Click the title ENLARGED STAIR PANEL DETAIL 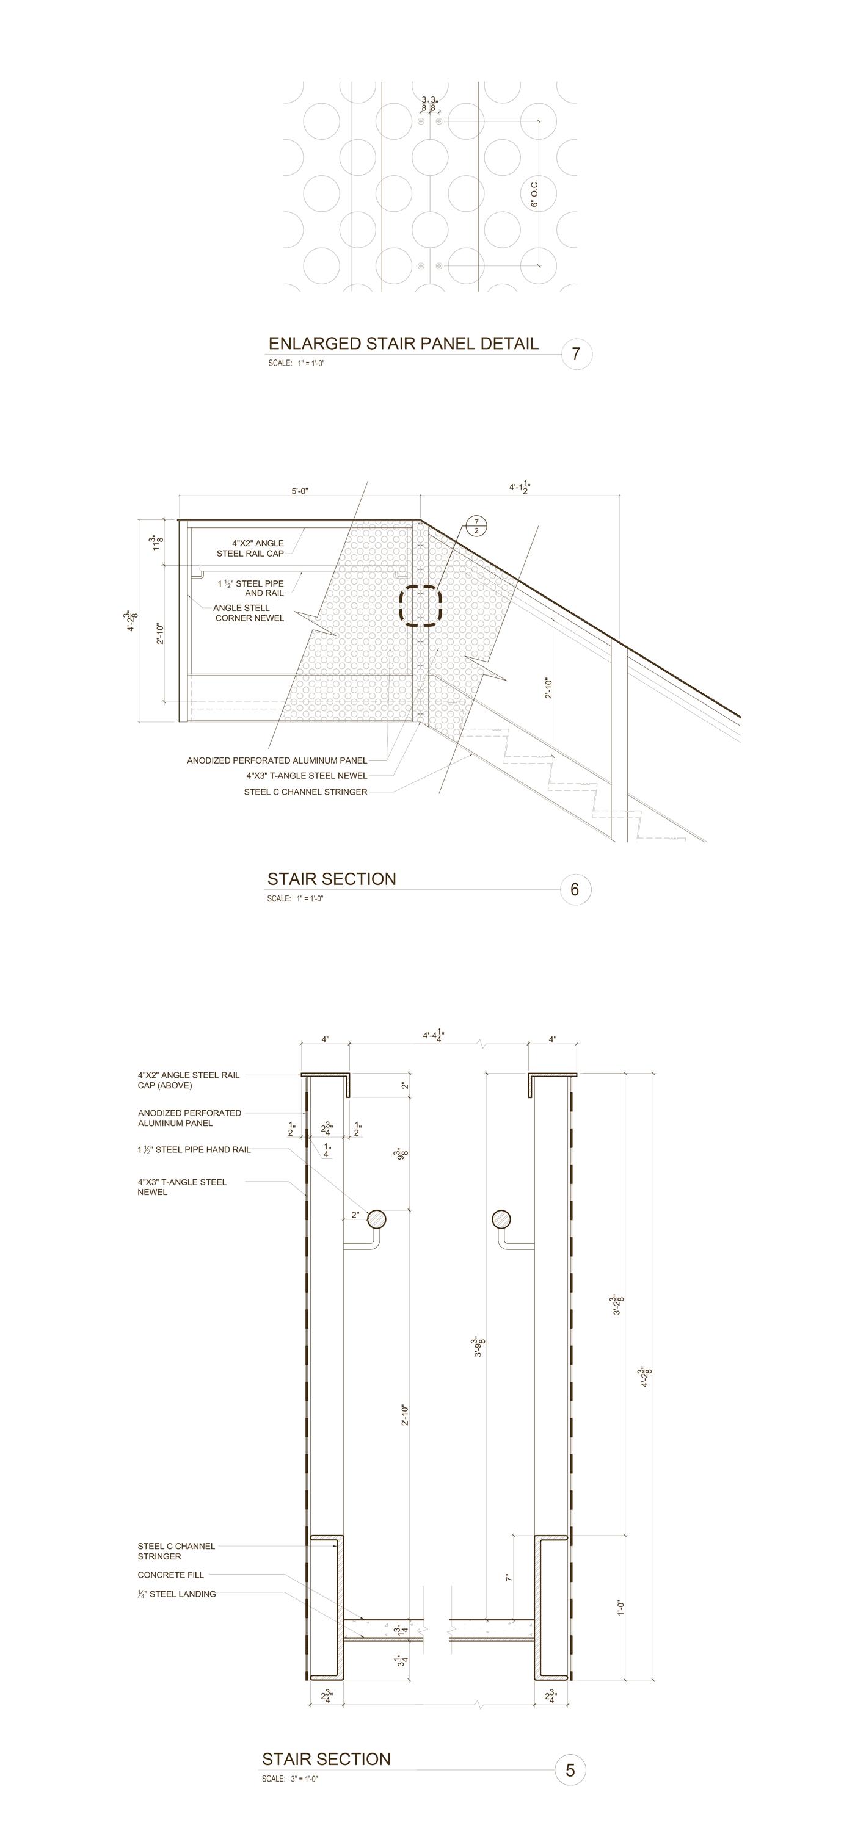click(x=403, y=344)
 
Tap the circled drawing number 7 click(x=576, y=353)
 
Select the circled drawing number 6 click(x=575, y=889)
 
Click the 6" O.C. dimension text click(x=534, y=193)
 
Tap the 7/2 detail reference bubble click(x=476, y=527)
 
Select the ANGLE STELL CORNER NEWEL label click(x=248, y=613)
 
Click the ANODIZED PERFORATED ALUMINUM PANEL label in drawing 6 click(x=277, y=760)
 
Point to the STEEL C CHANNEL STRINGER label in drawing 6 click(x=305, y=792)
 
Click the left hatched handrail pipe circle click(x=376, y=1219)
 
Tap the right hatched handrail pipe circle click(x=501, y=1219)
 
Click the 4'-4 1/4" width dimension click(x=433, y=1036)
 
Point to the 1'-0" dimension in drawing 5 click(x=620, y=1608)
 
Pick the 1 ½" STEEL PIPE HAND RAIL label click(x=194, y=1150)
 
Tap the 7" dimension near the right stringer click(x=509, y=1577)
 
